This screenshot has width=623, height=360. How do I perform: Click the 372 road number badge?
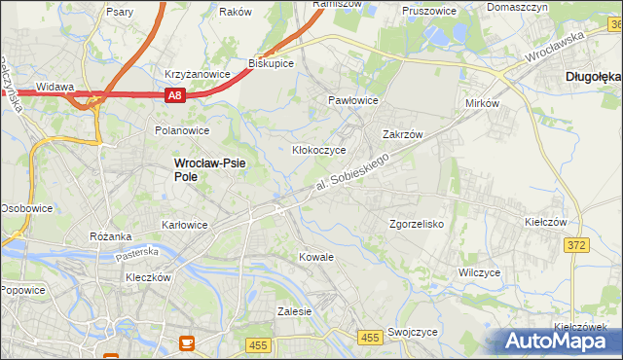coord(575,245)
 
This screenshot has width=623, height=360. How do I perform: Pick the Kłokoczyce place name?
coord(319,151)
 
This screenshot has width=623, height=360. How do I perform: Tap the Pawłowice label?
coord(352,100)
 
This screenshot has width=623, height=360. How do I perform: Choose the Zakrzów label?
coord(401,135)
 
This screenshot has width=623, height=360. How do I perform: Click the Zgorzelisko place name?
coord(417,224)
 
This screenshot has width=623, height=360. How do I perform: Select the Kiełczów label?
coord(545,222)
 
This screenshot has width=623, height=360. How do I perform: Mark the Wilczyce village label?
coord(479,272)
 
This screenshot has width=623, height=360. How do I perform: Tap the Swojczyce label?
coord(412,332)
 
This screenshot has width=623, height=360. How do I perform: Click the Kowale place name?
coord(316,257)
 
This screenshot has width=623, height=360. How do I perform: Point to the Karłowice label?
coord(183,225)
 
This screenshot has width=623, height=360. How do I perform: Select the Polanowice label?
coord(182,129)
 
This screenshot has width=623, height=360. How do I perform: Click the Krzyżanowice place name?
coord(198,74)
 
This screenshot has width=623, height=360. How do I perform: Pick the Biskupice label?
coord(271,63)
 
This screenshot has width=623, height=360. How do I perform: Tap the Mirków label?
coord(482,103)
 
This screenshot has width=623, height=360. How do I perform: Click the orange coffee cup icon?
coord(188,342)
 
